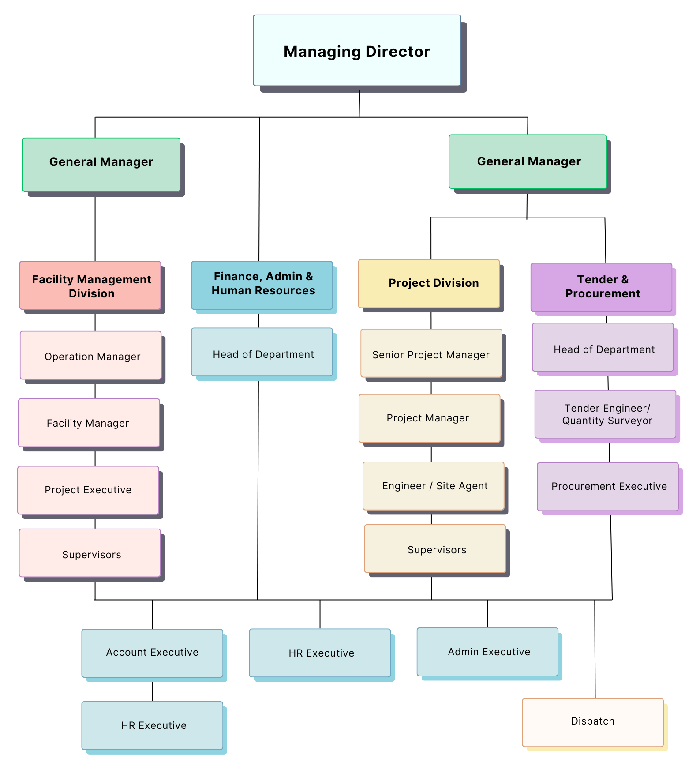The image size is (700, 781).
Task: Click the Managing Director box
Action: point(357,50)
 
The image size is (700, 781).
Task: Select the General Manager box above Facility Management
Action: point(101,165)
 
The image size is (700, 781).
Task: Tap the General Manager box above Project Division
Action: point(528,161)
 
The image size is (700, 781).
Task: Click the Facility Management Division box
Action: point(90,285)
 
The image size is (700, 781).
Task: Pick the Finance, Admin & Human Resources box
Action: point(262,285)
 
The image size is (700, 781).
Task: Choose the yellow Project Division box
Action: point(429,283)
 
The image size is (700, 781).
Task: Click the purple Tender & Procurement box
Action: point(601,287)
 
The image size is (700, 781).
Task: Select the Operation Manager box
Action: point(90,355)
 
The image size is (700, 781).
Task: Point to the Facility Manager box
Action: point(89,423)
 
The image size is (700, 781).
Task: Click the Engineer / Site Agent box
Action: point(433,486)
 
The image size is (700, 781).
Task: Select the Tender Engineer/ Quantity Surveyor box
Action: point(605,414)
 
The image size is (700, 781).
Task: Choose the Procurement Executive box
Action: point(607,486)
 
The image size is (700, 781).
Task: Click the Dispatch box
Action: point(592,722)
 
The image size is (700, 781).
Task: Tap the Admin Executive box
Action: point(487,652)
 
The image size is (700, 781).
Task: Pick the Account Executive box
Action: point(152,653)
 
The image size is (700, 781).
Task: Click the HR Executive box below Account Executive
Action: point(152,725)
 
